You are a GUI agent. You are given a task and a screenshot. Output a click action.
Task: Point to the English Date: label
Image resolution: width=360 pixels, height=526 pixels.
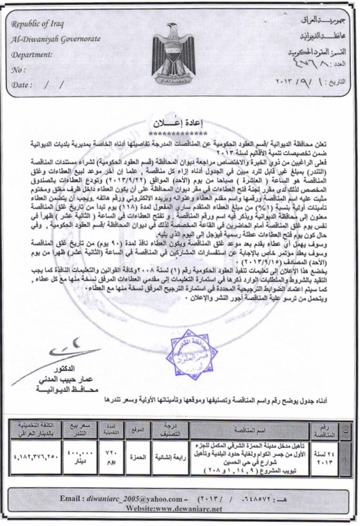[x=24, y=85]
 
